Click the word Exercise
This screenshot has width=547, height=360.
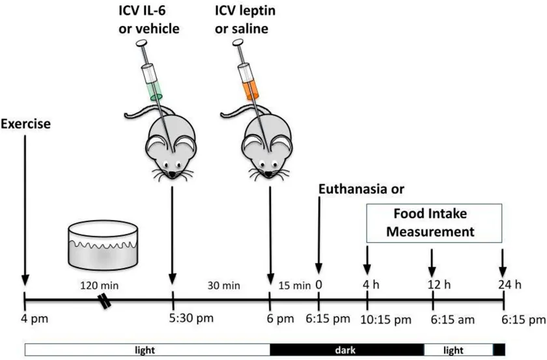(x=25, y=124)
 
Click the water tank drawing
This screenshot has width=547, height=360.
(x=103, y=245)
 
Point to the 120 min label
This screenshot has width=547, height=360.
(x=100, y=286)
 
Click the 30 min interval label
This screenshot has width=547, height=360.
(x=223, y=286)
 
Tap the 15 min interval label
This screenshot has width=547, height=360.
(x=294, y=286)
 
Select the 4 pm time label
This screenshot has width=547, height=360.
(x=34, y=319)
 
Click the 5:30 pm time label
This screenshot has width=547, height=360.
(x=191, y=318)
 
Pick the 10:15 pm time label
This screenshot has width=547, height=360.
(x=386, y=320)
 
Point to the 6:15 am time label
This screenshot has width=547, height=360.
(x=453, y=320)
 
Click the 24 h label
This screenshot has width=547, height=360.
(x=510, y=284)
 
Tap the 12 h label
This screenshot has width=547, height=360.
(x=439, y=284)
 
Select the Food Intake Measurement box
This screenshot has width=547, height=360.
(x=434, y=223)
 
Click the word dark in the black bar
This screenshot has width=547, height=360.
(x=345, y=350)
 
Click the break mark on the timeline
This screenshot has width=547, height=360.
(x=105, y=301)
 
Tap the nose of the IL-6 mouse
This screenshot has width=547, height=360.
(x=173, y=174)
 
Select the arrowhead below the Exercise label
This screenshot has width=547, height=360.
(x=25, y=280)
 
